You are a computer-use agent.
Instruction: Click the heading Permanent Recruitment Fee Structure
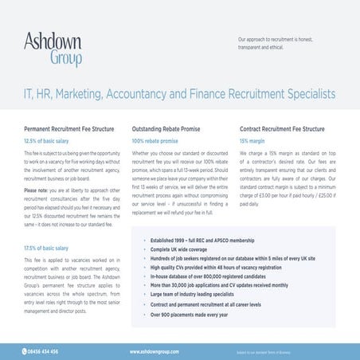(70, 128)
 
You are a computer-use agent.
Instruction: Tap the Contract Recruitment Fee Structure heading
(282, 128)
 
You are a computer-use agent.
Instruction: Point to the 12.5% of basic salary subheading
(49, 140)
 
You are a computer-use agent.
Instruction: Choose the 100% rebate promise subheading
(155, 140)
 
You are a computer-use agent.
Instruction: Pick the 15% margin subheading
(252, 140)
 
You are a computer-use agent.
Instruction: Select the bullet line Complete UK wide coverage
(184, 250)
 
